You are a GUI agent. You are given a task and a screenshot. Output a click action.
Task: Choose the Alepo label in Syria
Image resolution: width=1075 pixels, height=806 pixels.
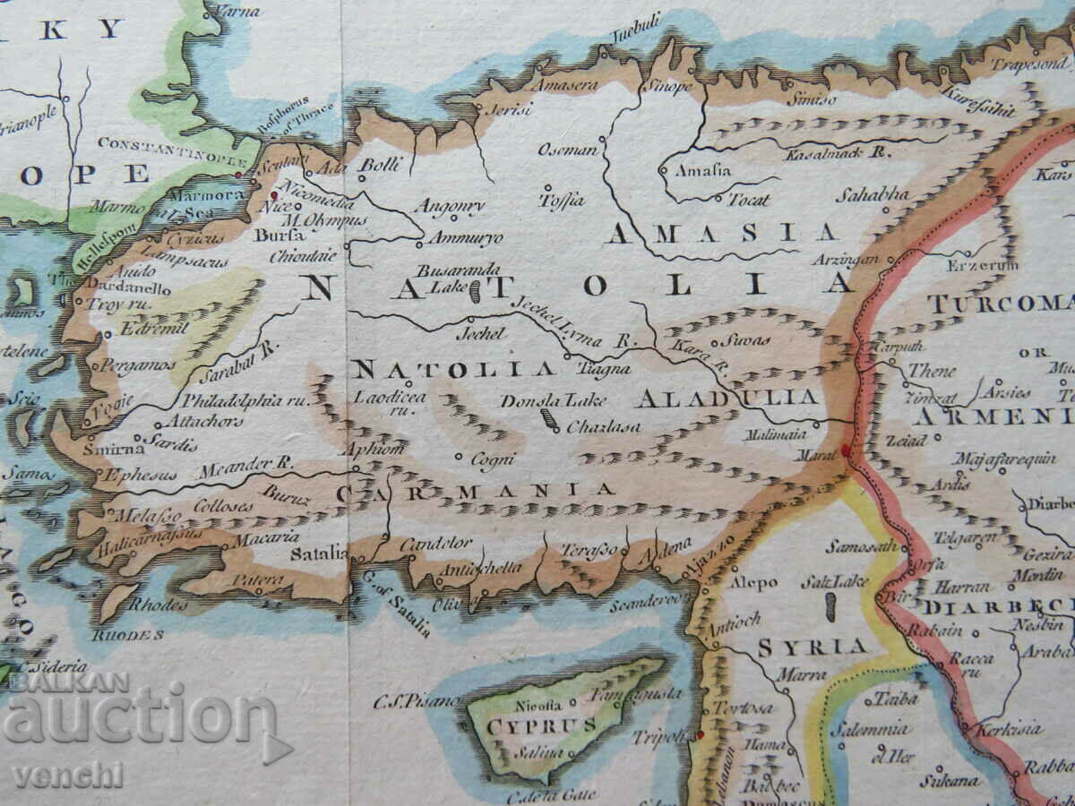753,582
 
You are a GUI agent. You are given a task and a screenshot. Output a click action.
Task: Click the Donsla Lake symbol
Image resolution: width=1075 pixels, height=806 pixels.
546,420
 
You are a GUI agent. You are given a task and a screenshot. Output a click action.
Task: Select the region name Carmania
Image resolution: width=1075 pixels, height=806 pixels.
476,490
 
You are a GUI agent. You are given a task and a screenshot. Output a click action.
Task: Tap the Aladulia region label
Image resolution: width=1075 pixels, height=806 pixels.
728,397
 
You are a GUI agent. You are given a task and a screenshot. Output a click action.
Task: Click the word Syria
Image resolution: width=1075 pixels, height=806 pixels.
813,646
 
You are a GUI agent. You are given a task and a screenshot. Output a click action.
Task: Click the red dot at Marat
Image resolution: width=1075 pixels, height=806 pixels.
847,449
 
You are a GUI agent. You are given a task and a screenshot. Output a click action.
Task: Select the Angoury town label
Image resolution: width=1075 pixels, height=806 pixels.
450,207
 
